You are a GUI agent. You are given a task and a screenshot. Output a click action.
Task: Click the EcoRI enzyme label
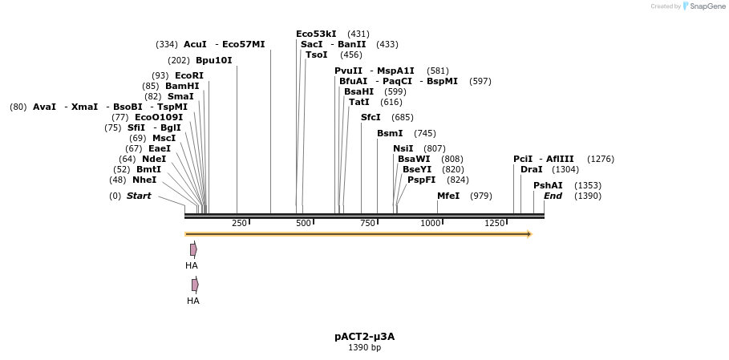pyautogui.click(x=189, y=75)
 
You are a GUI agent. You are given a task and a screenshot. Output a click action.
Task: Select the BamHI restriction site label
pyautogui.click(x=182, y=86)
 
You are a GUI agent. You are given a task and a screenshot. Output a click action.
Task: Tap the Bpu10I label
pyautogui.click(x=213, y=60)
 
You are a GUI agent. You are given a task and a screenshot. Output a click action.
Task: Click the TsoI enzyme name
pyautogui.click(x=316, y=55)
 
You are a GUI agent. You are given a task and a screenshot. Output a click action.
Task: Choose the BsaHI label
pyautogui.click(x=358, y=91)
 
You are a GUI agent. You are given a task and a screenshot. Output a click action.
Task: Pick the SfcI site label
pyautogui.click(x=371, y=117)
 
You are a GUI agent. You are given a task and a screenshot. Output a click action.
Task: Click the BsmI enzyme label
pyautogui.click(x=390, y=133)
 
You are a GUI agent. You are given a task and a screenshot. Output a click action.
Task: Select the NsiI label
pyautogui.click(x=403, y=148)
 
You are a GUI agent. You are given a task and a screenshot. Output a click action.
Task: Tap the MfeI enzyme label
pyautogui.click(x=448, y=196)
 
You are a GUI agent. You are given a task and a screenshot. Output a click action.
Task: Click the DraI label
pyautogui.click(x=531, y=169)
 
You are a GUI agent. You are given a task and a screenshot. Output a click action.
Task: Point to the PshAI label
pyautogui.click(x=548, y=185)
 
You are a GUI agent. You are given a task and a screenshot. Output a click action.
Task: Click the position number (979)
pyautogui.click(x=481, y=196)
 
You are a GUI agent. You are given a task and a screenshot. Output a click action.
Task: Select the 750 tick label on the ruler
pyautogui.click(x=367, y=223)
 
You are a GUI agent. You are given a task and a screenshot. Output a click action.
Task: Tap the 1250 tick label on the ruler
pyautogui.click(x=494, y=223)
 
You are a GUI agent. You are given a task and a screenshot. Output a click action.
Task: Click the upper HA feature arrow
pyautogui.click(x=193, y=249)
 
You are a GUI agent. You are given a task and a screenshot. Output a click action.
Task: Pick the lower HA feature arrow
pyautogui.click(x=195, y=285)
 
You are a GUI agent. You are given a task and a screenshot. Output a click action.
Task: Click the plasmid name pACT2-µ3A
pyautogui.click(x=364, y=337)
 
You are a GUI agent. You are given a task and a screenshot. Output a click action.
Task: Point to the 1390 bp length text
pyautogui.click(x=364, y=348)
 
